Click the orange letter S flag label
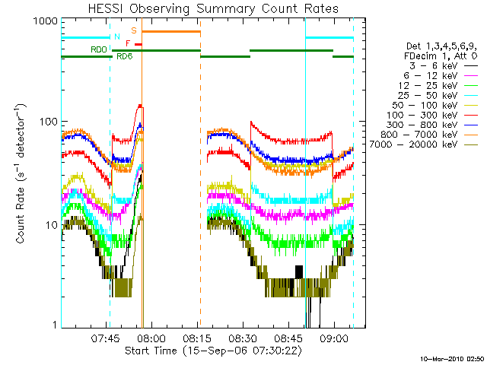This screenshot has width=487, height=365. pyautogui.click(x=134, y=30)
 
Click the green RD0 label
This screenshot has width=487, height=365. pyautogui.click(x=98, y=49)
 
